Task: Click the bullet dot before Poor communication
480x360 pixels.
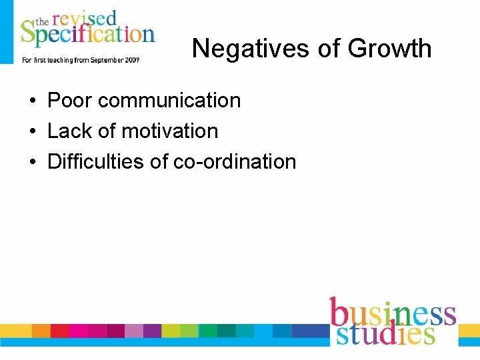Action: coord(32,101)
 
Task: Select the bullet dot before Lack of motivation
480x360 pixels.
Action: coord(32,132)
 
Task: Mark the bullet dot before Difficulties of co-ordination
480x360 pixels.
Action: coord(32,163)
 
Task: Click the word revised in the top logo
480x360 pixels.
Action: coord(83,18)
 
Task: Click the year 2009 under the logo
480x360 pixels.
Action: coord(131,60)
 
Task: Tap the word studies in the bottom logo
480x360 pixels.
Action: coord(385,333)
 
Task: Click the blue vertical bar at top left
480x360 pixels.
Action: coord(6,31)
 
